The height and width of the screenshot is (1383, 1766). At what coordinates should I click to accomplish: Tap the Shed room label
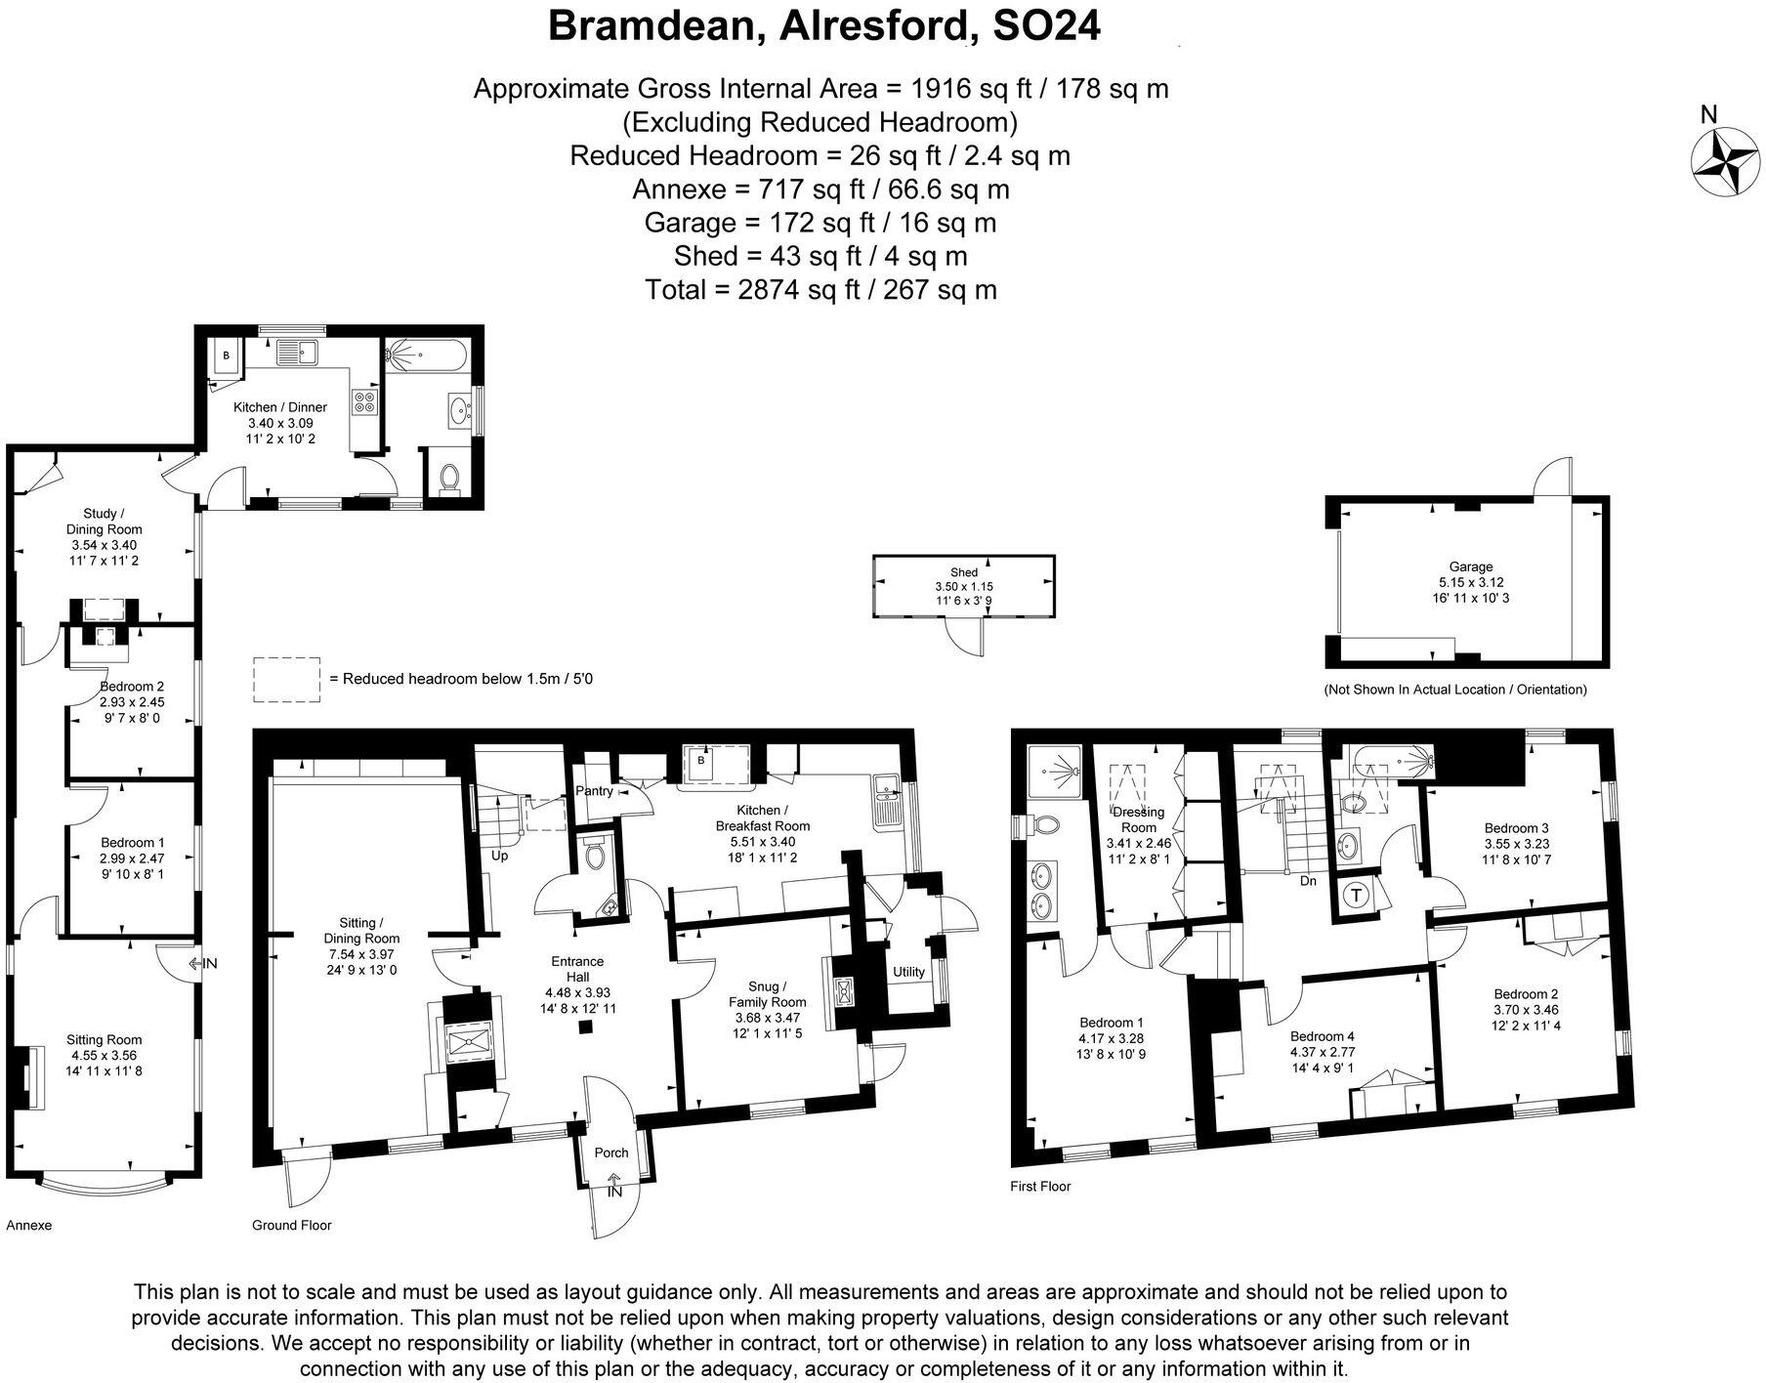pyautogui.click(x=963, y=572)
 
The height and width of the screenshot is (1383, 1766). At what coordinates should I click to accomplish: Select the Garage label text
pyautogui.click(x=1470, y=566)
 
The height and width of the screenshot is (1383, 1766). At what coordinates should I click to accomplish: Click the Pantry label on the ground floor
pyautogui.click(x=594, y=791)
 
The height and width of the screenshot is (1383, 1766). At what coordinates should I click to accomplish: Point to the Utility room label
pyautogui.click(x=908, y=972)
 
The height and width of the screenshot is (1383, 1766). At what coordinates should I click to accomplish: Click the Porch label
pyautogui.click(x=611, y=1152)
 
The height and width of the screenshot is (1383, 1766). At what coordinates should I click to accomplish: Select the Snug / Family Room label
pyautogui.click(x=767, y=994)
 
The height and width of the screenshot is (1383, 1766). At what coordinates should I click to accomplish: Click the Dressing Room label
pyautogui.click(x=1139, y=819)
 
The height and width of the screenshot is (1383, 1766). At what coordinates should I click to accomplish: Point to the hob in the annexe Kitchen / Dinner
pyautogui.click(x=364, y=403)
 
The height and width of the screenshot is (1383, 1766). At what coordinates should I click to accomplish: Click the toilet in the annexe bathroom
pyautogui.click(x=449, y=479)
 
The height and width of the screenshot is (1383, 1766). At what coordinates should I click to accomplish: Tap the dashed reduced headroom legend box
pyautogui.click(x=287, y=679)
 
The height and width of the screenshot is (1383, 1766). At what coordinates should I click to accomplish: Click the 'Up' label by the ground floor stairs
pyautogui.click(x=500, y=856)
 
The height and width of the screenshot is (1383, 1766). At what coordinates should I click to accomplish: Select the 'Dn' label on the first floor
pyautogui.click(x=1308, y=881)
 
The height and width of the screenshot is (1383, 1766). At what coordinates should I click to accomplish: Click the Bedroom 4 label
pyautogui.click(x=1322, y=1036)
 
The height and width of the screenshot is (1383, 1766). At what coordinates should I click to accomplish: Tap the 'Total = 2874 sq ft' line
pyautogui.click(x=820, y=290)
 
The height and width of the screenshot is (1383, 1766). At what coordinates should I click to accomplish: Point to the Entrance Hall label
pyautogui.click(x=577, y=970)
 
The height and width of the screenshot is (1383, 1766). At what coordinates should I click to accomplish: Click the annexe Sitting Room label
pyautogui.click(x=104, y=1040)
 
